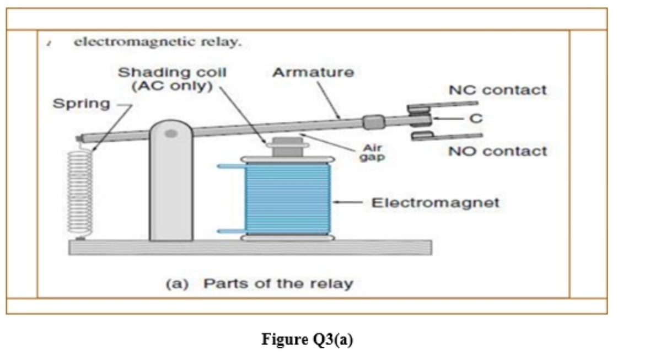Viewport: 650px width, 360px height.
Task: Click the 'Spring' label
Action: (81, 104)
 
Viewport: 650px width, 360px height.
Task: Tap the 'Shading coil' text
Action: (172, 72)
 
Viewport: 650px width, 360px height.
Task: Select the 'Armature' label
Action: (313, 72)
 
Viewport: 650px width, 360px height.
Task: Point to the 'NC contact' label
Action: (498, 90)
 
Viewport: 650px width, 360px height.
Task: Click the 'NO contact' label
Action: (498, 151)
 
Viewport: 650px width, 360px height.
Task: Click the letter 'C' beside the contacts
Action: (475, 118)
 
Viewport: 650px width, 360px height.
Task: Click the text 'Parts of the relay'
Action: (278, 284)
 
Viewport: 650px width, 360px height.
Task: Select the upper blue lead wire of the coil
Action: (230, 166)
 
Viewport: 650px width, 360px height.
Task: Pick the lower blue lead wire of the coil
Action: (230, 231)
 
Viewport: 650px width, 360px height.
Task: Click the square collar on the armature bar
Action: (373, 121)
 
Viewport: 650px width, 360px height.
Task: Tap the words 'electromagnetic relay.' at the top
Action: (158, 42)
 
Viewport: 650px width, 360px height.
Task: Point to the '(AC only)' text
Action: (172, 86)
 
